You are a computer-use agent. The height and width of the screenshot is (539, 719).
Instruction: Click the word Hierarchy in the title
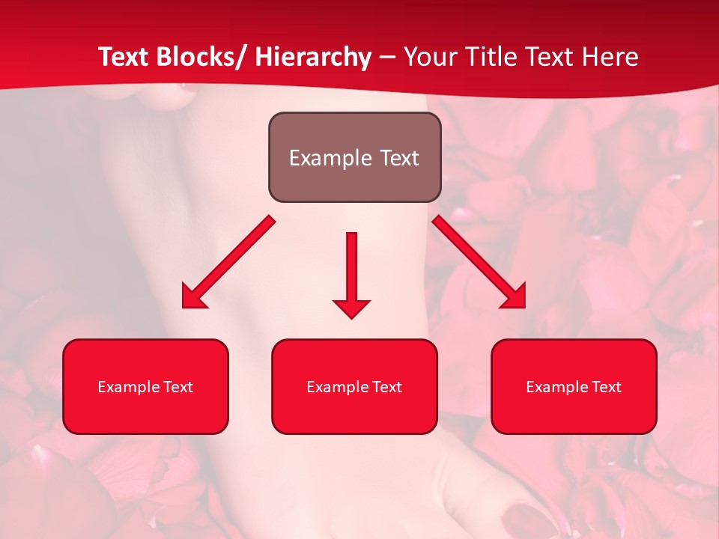tap(313, 57)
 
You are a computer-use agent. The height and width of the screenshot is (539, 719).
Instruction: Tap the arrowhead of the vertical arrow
tap(351, 308)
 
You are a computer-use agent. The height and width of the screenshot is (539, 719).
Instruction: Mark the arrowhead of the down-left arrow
tap(192, 298)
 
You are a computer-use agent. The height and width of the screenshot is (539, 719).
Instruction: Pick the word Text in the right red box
tap(605, 387)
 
